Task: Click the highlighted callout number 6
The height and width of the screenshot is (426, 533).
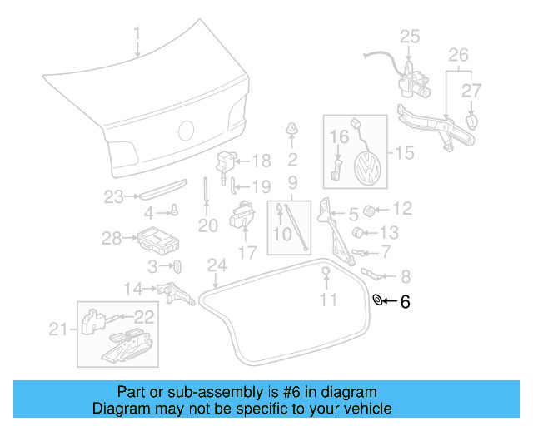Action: (405, 303)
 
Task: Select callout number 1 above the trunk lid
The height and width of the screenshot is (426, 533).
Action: (137, 35)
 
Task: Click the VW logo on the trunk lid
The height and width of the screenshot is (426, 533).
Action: (187, 131)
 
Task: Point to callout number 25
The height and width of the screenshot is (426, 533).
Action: (410, 36)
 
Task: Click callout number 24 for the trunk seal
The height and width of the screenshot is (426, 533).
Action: (217, 265)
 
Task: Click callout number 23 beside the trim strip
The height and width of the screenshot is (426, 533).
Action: (113, 197)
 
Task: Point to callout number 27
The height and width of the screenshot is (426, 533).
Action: (471, 90)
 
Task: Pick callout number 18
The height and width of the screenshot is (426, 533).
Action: (261, 161)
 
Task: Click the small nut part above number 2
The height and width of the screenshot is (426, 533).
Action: (292, 128)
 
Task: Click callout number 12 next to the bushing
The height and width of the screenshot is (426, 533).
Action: (401, 208)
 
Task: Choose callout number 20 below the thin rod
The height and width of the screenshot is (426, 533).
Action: (207, 225)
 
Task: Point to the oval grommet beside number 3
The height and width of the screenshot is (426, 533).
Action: (177, 266)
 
